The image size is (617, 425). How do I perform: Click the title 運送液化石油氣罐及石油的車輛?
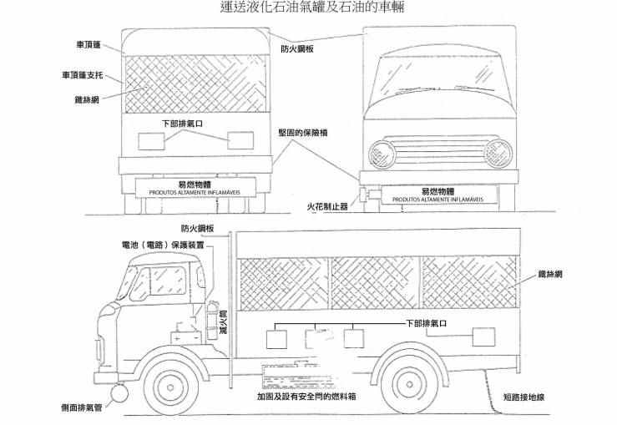click(307, 8)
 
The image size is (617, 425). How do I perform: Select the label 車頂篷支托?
click(82, 75)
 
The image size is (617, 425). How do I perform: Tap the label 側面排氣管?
click(82, 408)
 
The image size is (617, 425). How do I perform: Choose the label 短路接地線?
click(524, 397)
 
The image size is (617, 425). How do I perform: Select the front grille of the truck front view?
click(439, 152)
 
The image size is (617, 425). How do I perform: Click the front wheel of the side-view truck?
click(171, 384)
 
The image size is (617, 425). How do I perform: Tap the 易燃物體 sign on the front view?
click(433, 195)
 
